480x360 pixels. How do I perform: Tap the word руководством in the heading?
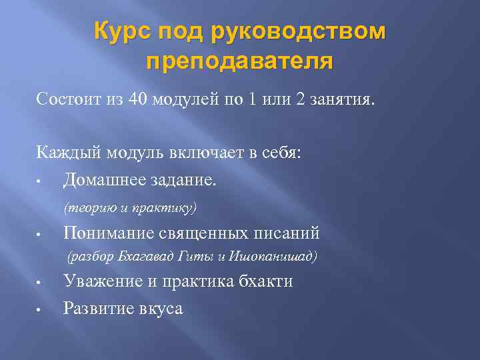[x=298, y=32]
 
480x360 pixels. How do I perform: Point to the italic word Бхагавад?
[x=141, y=257]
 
